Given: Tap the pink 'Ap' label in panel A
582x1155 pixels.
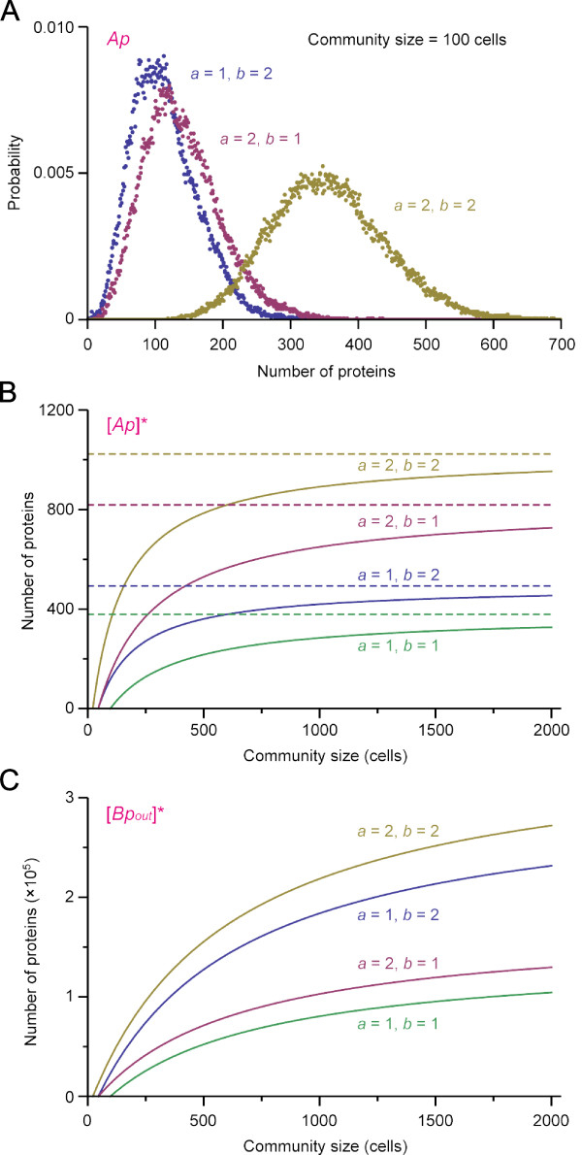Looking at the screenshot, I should tap(117, 41).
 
